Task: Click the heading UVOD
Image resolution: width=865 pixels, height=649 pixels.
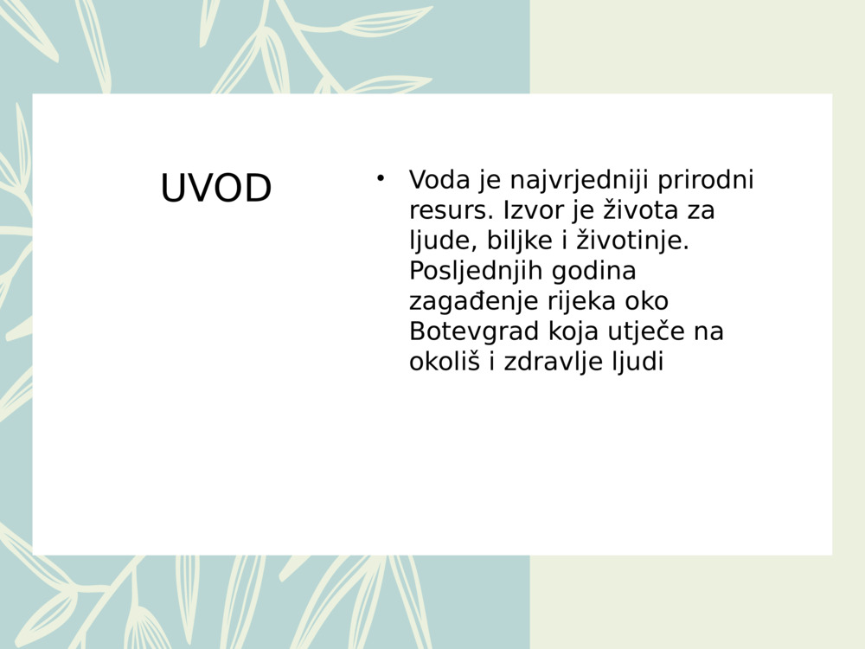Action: point(216,189)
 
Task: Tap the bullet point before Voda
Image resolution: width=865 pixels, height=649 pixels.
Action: point(379,178)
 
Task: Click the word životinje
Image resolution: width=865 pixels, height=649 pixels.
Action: point(632,241)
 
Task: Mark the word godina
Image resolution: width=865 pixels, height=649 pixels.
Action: point(593,271)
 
